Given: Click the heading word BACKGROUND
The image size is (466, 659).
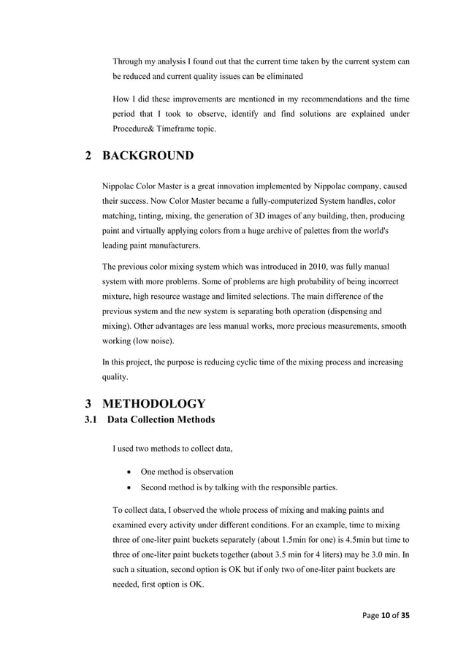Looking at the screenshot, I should (x=148, y=156).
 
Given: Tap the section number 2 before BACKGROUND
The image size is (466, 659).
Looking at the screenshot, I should (x=88, y=156).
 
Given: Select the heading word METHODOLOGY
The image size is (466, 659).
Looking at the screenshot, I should (x=155, y=404).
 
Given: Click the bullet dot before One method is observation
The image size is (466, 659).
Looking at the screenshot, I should (x=130, y=472).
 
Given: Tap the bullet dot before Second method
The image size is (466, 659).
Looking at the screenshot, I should (x=130, y=488).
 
